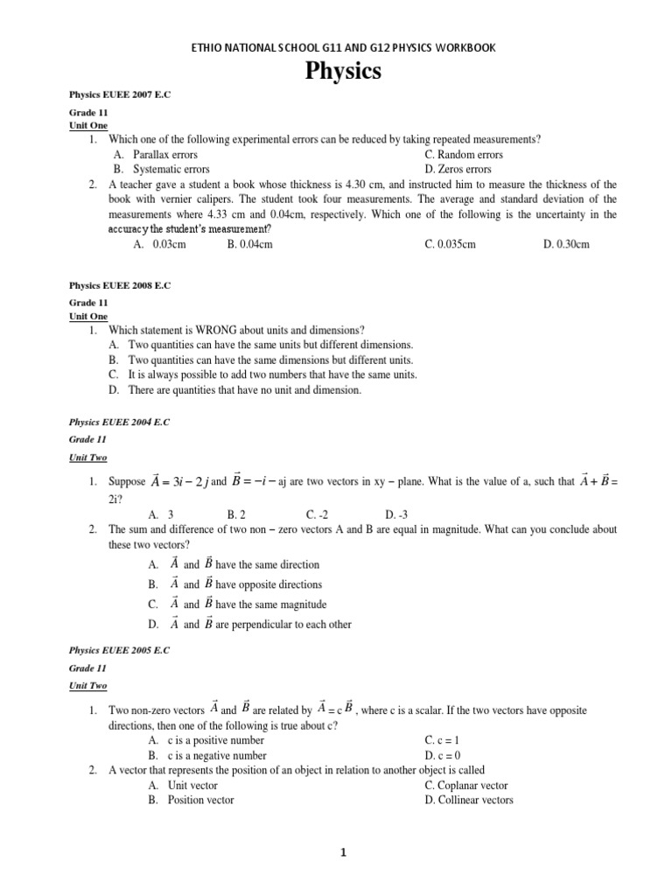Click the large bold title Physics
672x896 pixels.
tap(343, 72)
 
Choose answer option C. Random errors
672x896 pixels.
tap(464, 155)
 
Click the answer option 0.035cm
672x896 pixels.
tap(451, 245)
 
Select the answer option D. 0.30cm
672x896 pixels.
tap(566, 245)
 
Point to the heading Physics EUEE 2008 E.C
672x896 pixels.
tap(119, 285)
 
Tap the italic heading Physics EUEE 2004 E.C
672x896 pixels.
tap(119, 422)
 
